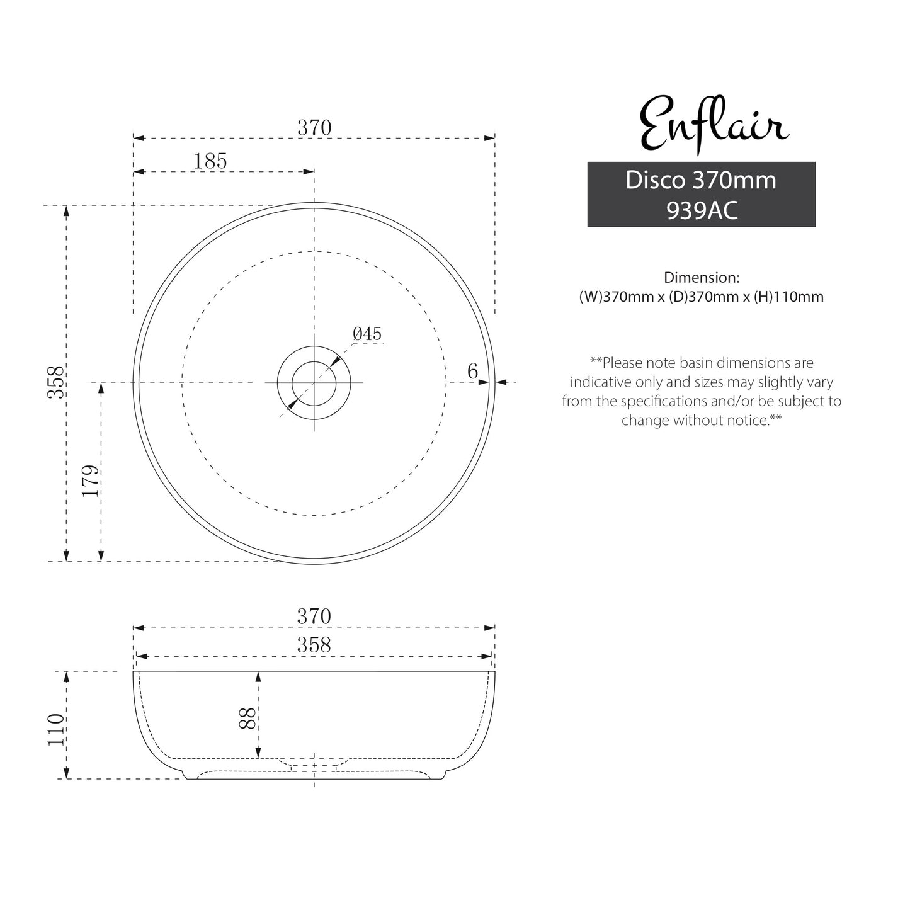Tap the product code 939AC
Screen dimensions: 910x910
(x=702, y=210)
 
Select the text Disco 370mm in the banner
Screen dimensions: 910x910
(x=700, y=180)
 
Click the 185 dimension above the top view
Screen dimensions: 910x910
(x=210, y=161)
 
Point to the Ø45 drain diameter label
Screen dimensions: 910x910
(x=367, y=334)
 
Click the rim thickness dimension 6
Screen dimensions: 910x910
(x=472, y=372)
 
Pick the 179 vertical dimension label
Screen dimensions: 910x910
(x=91, y=481)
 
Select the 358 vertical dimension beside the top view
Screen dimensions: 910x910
(x=57, y=382)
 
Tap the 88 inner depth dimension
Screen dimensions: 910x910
(x=247, y=718)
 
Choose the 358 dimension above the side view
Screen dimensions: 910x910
(x=314, y=645)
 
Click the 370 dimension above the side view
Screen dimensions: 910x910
(x=314, y=616)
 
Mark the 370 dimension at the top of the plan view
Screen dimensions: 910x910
(x=314, y=128)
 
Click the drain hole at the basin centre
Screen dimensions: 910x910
(x=314, y=382)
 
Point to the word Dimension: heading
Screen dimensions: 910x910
(x=701, y=277)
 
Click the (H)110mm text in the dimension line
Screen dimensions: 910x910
(x=788, y=297)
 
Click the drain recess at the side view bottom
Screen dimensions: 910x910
(x=314, y=763)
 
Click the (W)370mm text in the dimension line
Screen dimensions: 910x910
(x=616, y=297)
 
